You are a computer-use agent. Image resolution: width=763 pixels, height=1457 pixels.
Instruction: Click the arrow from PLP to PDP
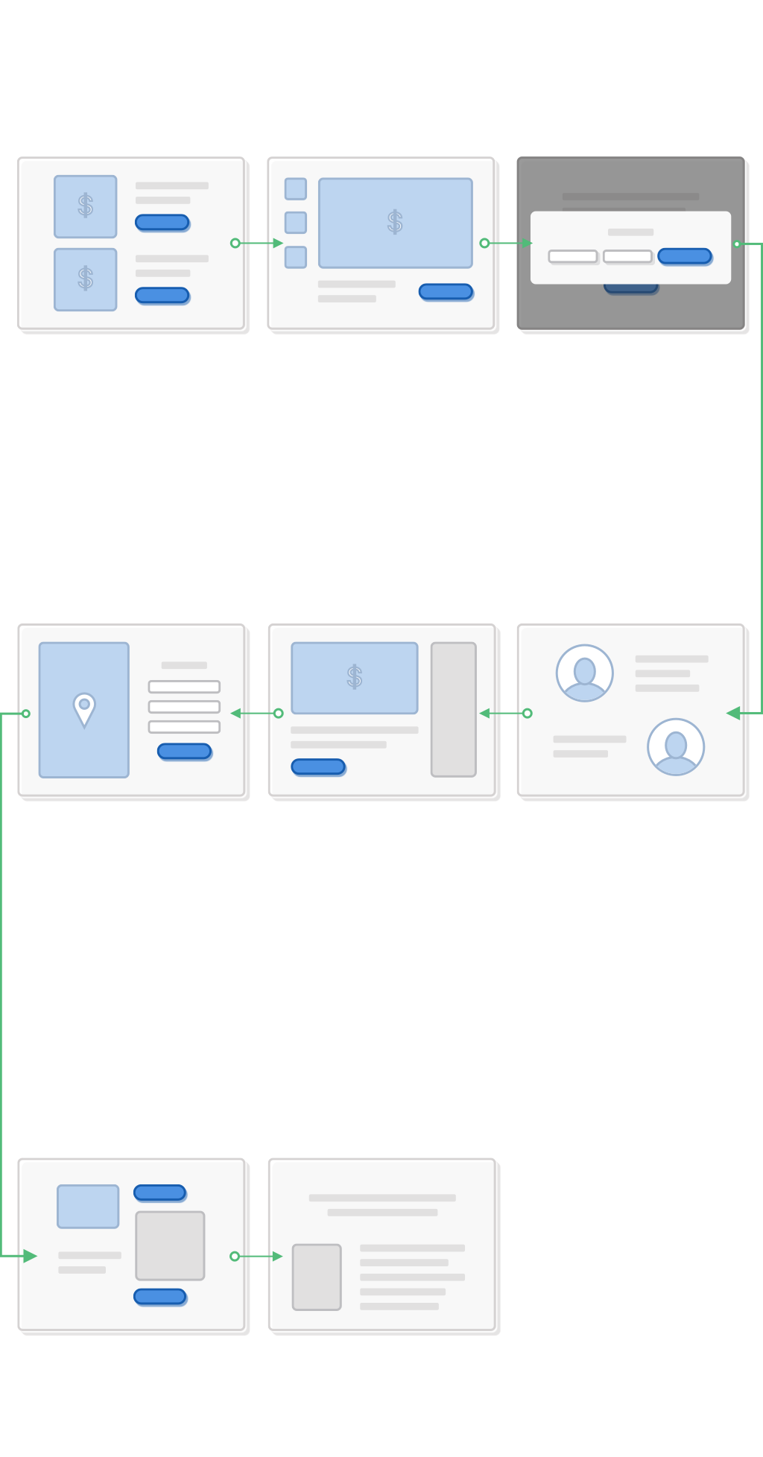pos(258,243)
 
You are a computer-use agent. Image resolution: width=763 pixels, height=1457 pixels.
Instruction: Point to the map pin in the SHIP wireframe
pos(84,708)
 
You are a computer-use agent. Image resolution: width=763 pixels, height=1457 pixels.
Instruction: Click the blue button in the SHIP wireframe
pos(184,751)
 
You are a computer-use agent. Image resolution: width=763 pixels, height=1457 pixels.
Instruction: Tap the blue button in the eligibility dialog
pos(685,256)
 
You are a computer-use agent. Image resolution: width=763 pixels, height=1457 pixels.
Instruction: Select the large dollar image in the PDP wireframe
pos(395,222)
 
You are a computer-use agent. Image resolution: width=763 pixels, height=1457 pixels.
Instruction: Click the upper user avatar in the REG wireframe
pos(585,673)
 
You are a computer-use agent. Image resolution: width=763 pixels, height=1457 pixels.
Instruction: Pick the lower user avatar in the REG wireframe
pos(676,746)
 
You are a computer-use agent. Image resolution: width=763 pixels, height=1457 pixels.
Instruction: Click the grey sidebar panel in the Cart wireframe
pos(453,709)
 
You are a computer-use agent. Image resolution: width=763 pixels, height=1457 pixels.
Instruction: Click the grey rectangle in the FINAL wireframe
pos(317,1277)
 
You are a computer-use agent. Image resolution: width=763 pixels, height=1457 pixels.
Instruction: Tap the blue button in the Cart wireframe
pos(318,766)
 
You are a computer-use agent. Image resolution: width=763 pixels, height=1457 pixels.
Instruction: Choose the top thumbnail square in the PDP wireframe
pos(296,188)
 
